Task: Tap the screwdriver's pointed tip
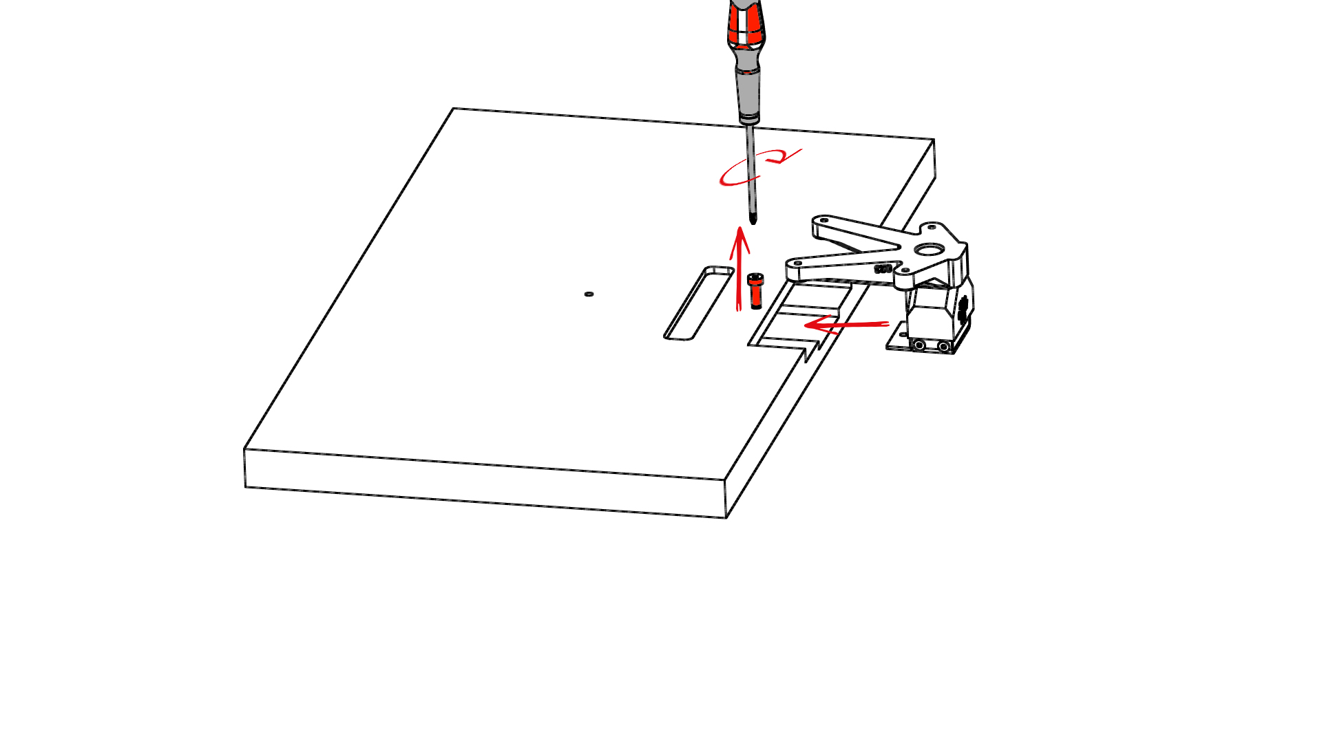coord(753,220)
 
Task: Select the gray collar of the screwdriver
coord(748,93)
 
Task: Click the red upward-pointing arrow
coord(739,268)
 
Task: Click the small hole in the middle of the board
coord(589,294)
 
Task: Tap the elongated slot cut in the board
coord(698,303)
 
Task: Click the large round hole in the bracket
coord(930,250)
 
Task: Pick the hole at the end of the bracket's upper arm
coord(823,220)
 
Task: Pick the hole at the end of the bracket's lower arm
coord(797,263)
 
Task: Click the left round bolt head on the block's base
coord(919,345)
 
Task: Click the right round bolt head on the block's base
coord(943,347)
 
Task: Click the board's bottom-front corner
coord(726,517)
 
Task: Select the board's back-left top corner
coord(454,109)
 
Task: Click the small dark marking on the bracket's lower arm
coord(883,269)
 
